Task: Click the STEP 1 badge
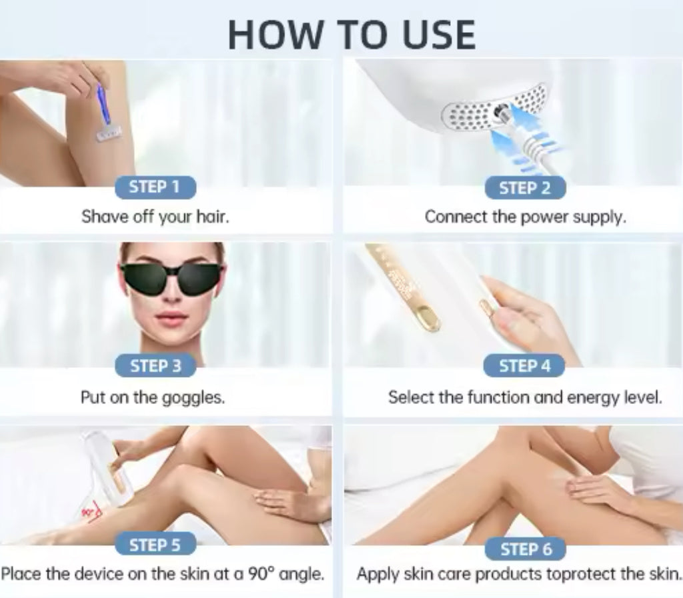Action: click(x=155, y=187)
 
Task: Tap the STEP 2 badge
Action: click(x=525, y=188)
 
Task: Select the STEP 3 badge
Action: click(x=155, y=366)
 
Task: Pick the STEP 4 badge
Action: click(x=524, y=366)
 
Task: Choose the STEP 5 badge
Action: click(x=155, y=544)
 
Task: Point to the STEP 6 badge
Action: click(x=526, y=549)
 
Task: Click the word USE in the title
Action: click(x=438, y=35)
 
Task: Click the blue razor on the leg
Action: click(x=105, y=111)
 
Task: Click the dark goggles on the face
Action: click(x=173, y=279)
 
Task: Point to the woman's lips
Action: click(x=172, y=317)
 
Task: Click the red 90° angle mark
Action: click(x=92, y=513)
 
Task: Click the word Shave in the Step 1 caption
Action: click(x=105, y=216)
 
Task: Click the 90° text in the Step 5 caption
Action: click(x=261, y=573)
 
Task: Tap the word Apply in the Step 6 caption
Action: click(x=378, y=575)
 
